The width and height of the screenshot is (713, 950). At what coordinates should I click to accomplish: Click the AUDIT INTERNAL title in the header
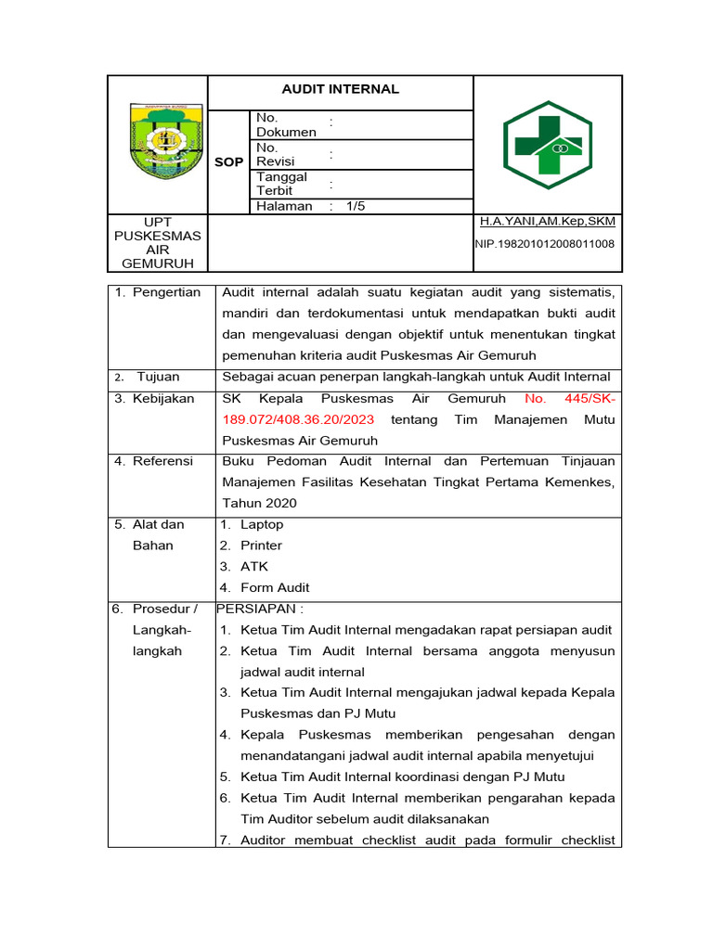[340, 89]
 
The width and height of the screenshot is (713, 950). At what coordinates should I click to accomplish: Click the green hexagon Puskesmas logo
[548, 146]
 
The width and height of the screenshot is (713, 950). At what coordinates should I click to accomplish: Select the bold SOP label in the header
[229, 161]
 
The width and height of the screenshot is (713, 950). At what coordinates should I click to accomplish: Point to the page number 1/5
[356, 206]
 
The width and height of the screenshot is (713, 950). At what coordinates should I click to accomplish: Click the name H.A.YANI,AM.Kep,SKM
[547, 222]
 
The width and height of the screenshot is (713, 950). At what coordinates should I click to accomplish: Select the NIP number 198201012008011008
[545, 244]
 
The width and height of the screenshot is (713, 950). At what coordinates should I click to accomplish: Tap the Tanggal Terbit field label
[281, 184]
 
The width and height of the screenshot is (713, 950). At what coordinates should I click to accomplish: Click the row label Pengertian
[166, 292]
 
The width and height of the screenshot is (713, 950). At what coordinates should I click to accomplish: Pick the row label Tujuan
[158, 377]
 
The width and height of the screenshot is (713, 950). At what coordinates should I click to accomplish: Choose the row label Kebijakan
[163, 398]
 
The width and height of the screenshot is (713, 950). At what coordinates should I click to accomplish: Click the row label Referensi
[162, 461]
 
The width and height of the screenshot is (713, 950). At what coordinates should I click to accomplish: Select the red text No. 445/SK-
[569, 398]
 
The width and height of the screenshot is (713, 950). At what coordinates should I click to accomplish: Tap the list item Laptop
[262, 524]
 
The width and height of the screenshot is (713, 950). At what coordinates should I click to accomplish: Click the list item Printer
[261, 546]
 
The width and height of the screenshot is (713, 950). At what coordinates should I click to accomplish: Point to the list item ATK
[253, 566]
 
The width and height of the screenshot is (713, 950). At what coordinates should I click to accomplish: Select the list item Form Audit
[275, 587]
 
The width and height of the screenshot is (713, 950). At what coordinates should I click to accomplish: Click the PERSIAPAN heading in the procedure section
[260, 609]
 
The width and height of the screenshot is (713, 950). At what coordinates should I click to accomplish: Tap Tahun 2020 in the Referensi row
[259, 503]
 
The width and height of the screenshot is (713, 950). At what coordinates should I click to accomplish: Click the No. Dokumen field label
[285, 124]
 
